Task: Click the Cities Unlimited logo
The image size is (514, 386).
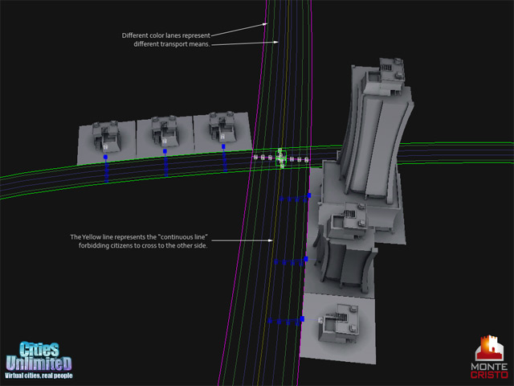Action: click(39, 359)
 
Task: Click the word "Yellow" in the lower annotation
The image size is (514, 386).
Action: click(92, 237)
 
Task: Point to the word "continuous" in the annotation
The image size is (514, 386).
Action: click(184, 237)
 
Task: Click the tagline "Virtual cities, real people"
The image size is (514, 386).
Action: click(39, 376)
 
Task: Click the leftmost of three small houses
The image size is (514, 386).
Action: click(105, 137)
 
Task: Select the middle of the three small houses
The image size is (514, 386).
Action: click(164, 130)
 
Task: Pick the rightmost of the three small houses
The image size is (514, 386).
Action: click(222, 127)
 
